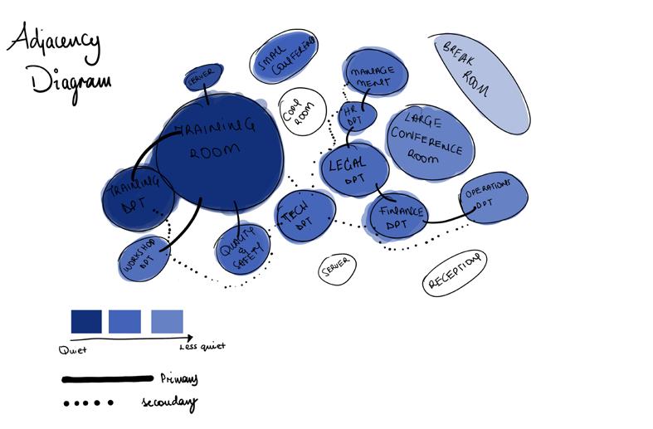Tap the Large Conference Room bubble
[x=430, y=141]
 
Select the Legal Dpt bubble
[x=354, y=169]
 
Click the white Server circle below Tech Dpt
[x=335, y=267]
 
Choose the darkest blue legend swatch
[x=86, y=321]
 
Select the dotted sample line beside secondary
[x=87, y=404]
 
